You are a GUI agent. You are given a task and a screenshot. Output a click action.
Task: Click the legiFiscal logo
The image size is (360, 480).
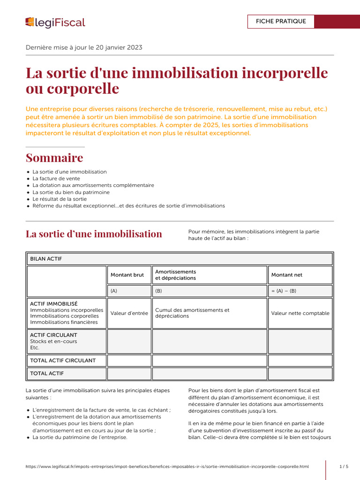[55, 22]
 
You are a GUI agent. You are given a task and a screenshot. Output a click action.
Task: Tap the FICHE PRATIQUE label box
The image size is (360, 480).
[281, 22]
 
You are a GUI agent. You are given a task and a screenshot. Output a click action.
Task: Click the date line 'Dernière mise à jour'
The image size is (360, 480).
[84, 47]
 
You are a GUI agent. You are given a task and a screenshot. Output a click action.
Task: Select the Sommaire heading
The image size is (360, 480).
[54, 157]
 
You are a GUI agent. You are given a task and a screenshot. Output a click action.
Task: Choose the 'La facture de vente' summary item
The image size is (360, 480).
[56, 179]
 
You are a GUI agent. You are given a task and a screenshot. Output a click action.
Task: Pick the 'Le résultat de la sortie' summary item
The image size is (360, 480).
[60, 199]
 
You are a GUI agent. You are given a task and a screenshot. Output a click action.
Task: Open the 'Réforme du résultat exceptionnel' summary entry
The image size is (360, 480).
[128, 206]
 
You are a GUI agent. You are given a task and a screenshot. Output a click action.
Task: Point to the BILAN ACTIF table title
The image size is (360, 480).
[46, 259]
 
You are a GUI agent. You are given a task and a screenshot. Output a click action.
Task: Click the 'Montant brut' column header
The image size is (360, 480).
[127, 275]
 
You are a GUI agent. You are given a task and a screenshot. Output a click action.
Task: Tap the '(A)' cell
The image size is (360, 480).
[114, 291]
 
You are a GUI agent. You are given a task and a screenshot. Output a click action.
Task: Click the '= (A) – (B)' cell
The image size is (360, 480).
[284, 291]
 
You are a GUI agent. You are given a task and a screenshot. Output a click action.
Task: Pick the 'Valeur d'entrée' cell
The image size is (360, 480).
[129, 313]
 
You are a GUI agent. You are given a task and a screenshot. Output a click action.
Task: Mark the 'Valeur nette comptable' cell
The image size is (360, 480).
[300, 313]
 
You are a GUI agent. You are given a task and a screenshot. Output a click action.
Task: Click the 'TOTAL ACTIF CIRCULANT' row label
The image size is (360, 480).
[63, 360]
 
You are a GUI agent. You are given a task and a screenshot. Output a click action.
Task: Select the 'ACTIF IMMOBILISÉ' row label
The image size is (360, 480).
[54, 304]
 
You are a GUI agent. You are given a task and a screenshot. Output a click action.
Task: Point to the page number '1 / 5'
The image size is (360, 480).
[344, 467]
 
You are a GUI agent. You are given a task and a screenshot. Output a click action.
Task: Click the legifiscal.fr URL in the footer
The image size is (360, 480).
[167, 467]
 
